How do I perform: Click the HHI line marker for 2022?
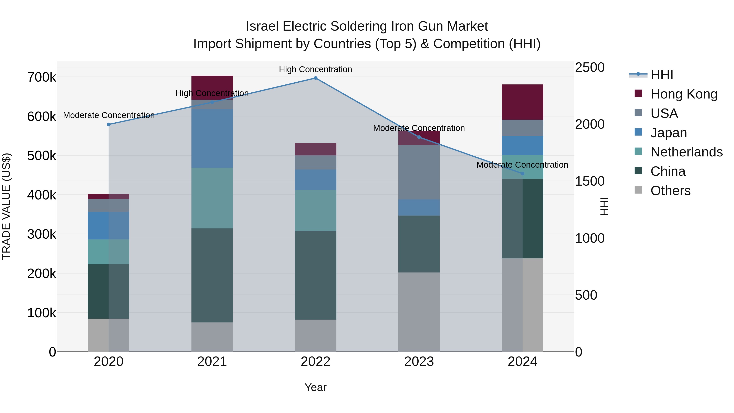(315, 78)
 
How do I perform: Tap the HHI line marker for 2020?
(108, 125)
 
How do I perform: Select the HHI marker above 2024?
(522, 174)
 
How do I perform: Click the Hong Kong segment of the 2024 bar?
(522, 102)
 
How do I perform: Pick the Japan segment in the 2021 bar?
(212, 138)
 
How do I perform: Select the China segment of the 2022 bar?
(315, 275)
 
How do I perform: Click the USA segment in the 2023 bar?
(419, 172)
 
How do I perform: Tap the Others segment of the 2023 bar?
(419, 312)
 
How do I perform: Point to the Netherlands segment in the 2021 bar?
(212, 198)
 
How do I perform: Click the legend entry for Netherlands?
(686, 152)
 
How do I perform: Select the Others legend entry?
(670, 191)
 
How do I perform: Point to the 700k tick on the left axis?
(42, 77)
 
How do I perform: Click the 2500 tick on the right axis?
(589, 68)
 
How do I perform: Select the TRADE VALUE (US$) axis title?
(6, 207)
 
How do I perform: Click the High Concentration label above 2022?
(315, 70)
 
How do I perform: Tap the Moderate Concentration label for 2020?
(108, 115)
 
